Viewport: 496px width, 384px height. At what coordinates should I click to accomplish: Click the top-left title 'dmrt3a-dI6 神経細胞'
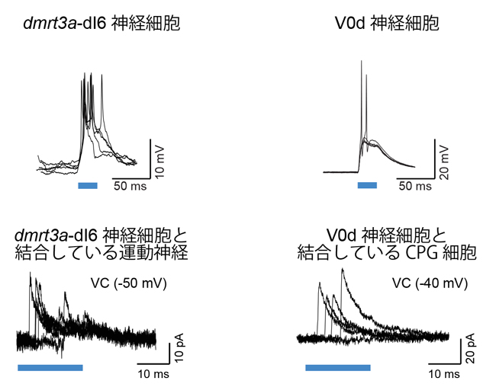coord(103,24)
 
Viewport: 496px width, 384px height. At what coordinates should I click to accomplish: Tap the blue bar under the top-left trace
coord(88,184)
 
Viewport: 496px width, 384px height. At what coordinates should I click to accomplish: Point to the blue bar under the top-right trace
coord(368,184)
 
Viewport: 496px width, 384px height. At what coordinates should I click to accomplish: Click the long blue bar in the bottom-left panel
coord(50,367)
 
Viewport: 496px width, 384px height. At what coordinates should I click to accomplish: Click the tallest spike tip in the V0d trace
coord(359,60)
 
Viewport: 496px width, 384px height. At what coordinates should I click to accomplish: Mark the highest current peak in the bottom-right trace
coord(343,269)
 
